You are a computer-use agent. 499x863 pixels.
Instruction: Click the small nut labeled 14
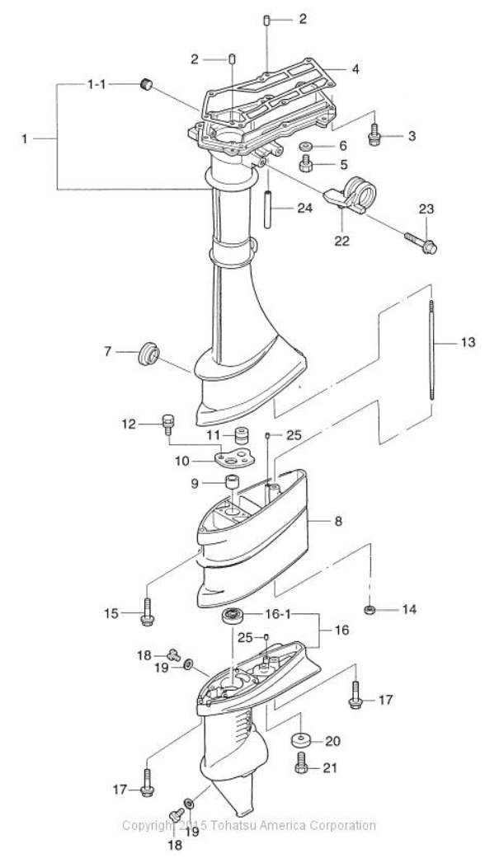370,610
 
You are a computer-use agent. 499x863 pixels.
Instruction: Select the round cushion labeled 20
301,738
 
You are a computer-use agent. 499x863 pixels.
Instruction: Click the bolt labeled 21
301,767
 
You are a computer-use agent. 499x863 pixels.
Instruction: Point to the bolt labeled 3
374,130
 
